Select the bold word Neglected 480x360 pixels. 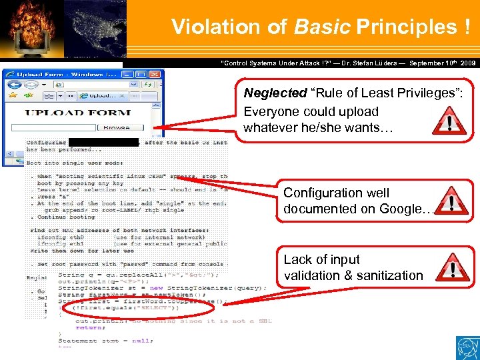pos(273,93)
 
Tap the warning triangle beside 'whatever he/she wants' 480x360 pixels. pos(451,122)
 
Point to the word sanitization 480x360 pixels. pos(392,275)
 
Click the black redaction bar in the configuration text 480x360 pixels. pos(103,141)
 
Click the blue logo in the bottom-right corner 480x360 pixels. pos(467,347)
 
